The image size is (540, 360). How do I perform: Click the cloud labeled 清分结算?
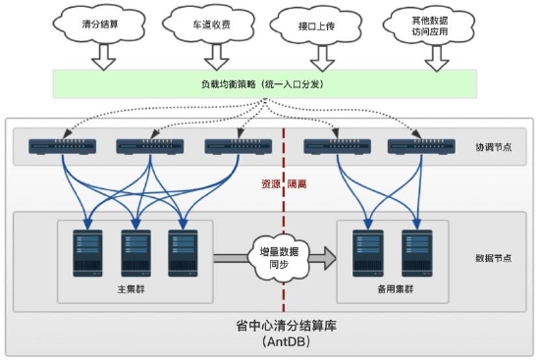pyautogui.click(x=101, y=24)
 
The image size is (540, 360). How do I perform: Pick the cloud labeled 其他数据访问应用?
pyautogui.click(x=431, y=24)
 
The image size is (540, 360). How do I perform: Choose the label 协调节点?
pyautogui.click(x=493, y=148)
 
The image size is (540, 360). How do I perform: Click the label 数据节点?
pyautogui.click(x=493, y=259)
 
